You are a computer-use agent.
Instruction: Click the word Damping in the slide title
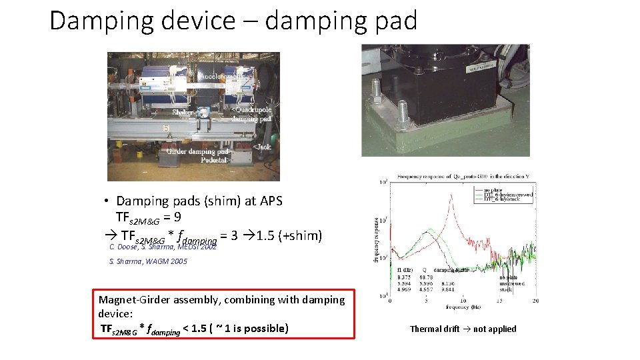point(91,21)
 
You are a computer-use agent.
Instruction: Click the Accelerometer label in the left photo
point(226,77)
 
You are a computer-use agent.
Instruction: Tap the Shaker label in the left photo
point(183,113)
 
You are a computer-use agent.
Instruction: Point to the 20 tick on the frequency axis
point(535,302)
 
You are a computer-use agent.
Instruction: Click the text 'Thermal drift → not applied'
point(463,329)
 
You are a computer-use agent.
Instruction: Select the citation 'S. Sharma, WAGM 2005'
point(147,261)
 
